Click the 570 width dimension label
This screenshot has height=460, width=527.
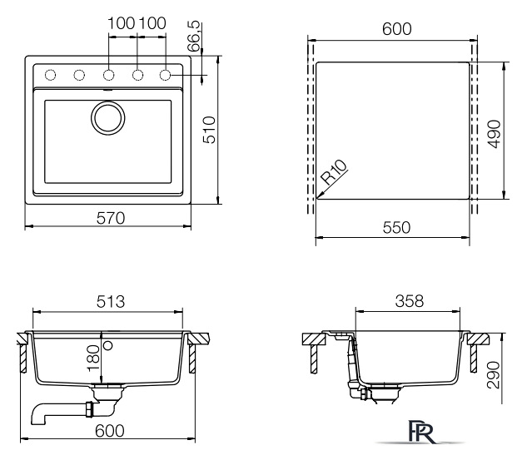(x=111, y=218)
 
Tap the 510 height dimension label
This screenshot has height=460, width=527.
(x=209, y=130)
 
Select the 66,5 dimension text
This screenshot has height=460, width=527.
(x=194, y=37)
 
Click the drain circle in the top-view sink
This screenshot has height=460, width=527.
(x=108, y=118)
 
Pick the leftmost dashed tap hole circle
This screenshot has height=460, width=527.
(x=50, y=75)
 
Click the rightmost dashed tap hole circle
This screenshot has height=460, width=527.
(x=165, y=75)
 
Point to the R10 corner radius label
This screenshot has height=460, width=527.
(x=334, y=171)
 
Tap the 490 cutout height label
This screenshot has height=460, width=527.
(x=495, y=134)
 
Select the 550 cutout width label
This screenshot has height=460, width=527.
(x=396, y=227)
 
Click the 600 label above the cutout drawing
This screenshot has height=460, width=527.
(x=397, y=29)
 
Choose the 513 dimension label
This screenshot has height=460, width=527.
(x=111, y=301)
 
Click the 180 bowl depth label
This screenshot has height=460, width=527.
(x=93, y=359)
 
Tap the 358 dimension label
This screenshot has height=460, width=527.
(x=410, y=301)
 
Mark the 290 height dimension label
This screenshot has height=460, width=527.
(x=494, y=375)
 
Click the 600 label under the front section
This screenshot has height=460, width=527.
(x=110, y=431)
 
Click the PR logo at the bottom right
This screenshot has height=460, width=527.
(x=421, y=432)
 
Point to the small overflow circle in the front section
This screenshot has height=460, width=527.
(x=108, y=345)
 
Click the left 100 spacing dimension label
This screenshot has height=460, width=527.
(x=122, y=23)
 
